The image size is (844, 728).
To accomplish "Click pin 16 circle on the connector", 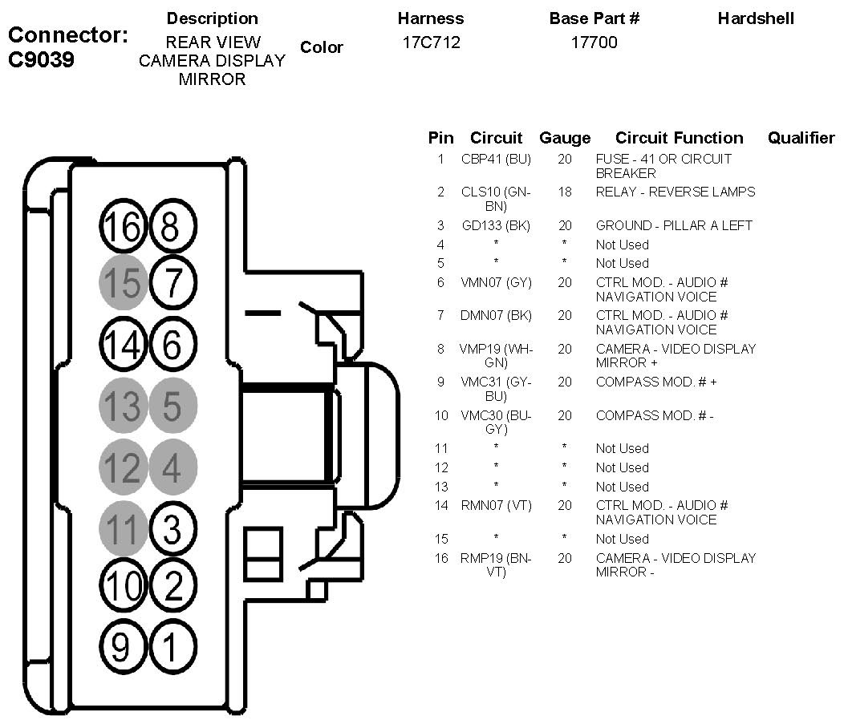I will pyautogui.click(x=123, y=228).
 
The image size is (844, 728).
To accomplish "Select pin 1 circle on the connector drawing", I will pyautogui.click(x=172, y=644).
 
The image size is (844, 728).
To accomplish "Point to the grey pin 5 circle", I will pyautogui.click(x=172, y=406).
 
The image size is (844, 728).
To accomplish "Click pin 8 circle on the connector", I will pyautogui.click(x=172, y=228).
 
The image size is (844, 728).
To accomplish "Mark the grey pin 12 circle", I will pyautogui.click(x=123, y=467).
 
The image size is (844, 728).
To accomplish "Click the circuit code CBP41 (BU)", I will pyautogui.click(x=496, y=159).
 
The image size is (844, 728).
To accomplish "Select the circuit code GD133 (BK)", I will pyautogui.click(x=496, y=225).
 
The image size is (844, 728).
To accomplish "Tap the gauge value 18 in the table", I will pyautogui.click(x=565, y=192).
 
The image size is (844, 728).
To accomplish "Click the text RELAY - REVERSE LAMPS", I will pyautogui.click(x=676, y=192).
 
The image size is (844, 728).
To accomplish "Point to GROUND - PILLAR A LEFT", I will pyautogui.click(x=674, y=225).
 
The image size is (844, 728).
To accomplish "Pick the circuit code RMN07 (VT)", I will pyautogui.click(x=496, y=505).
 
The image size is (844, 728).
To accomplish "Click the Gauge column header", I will pyautogui.click(x=565, y=138).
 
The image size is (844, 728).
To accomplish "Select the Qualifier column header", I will pyautogui.click(x=801, y=138).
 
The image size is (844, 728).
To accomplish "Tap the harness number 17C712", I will pyautogui.click(x=432, y=42).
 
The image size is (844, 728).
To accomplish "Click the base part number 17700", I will pyautogui.click(x=594, y=42).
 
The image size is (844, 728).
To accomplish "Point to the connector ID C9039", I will pyautogui.click(x=42, y=59).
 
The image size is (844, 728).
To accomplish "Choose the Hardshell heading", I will pyautogui.click(x=756, y=18).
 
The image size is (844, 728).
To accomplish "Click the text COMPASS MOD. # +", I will pyautogui.click(x=656, y=382).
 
